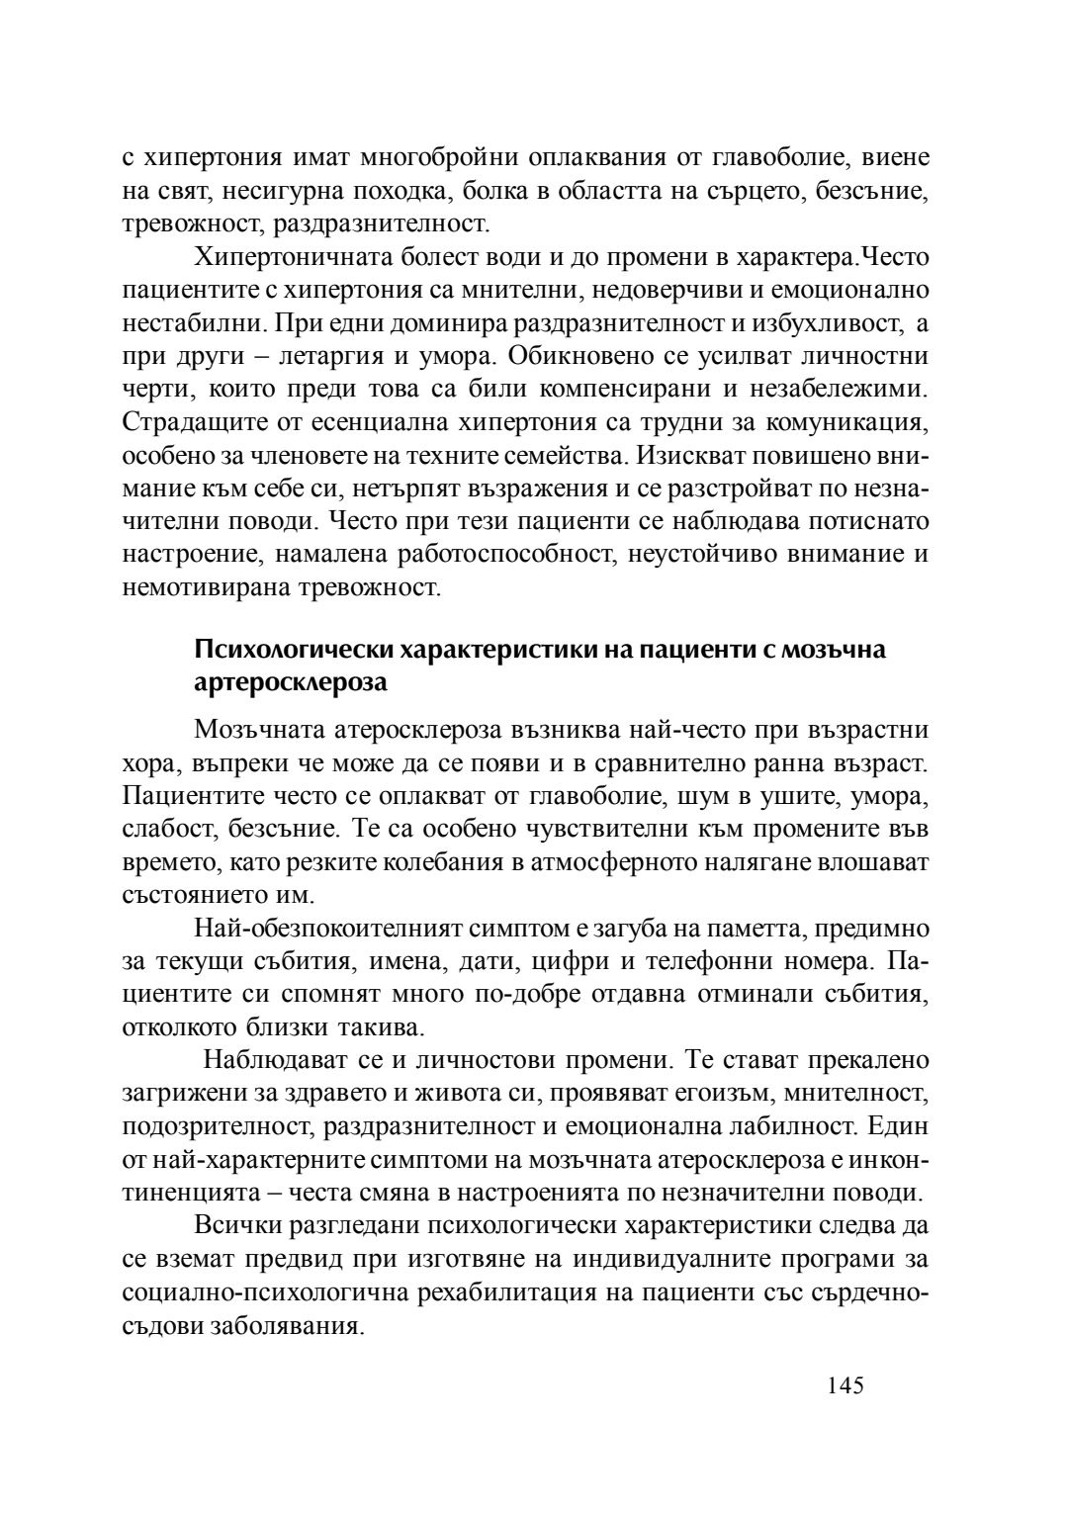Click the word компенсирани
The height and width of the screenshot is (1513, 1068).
pyautogui.click(x=647, y=389)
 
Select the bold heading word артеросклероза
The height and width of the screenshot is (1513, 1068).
pyautogui.click(x=290, y=682)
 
